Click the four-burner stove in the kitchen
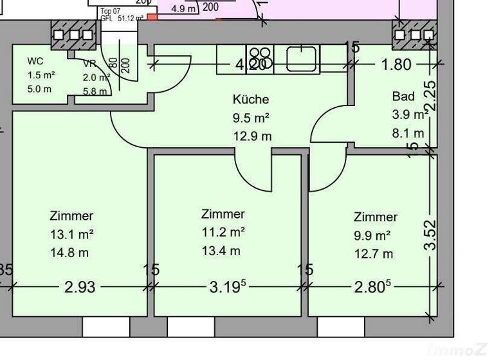click(260, 58)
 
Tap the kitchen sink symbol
click(299, 59)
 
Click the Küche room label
click(251, 100)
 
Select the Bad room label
click(403, 96)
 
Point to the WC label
click(35, 62)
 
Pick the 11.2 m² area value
click(223, 232)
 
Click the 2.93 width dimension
click(80, 287)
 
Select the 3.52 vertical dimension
click(430, 235)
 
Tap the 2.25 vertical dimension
click(430, 95)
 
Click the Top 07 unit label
click(111, 12)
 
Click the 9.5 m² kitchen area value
click(250, 118)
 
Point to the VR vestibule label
click(89, 63)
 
